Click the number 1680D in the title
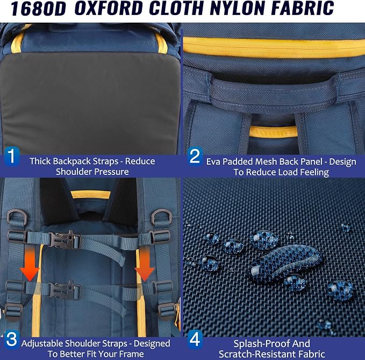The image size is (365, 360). pos(38,9)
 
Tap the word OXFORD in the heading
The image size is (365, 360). pos(109,8)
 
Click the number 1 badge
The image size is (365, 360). pos(12,156)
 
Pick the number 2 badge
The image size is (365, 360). pos(195,156)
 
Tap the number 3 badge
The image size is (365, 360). pos(12,339)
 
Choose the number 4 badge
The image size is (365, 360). pos(195,339)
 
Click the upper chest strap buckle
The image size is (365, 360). pos(65,239)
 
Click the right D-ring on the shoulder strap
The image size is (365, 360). pos(162,217)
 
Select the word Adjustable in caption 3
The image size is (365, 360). pos(42,344)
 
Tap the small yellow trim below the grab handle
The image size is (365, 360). pos(273,132)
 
